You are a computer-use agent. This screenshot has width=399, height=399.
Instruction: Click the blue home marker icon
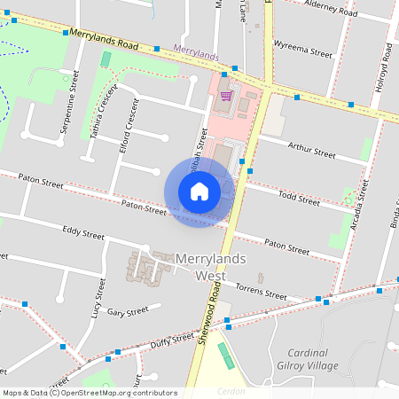[199, 192]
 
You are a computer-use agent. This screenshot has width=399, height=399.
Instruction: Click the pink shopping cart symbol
[226, 95]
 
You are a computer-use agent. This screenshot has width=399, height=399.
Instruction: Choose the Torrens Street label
[262, 289]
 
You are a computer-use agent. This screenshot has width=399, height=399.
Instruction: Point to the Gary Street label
[127, 312]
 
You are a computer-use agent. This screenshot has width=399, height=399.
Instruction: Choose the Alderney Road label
[330, 11]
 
